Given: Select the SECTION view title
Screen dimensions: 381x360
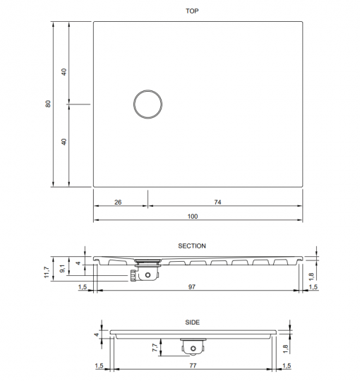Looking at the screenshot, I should tap(192, 246).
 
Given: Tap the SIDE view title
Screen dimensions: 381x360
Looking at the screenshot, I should tap(193, 322).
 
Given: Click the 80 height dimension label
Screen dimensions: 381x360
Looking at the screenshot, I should tap(48, 104).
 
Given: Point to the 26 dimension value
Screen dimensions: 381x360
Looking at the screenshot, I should tap(118, 202).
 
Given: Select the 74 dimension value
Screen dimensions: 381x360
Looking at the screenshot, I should tap(218, 202).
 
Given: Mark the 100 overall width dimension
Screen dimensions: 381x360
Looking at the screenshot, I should tap(193, 216).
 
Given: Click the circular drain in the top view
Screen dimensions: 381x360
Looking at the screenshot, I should tap(148, 104).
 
